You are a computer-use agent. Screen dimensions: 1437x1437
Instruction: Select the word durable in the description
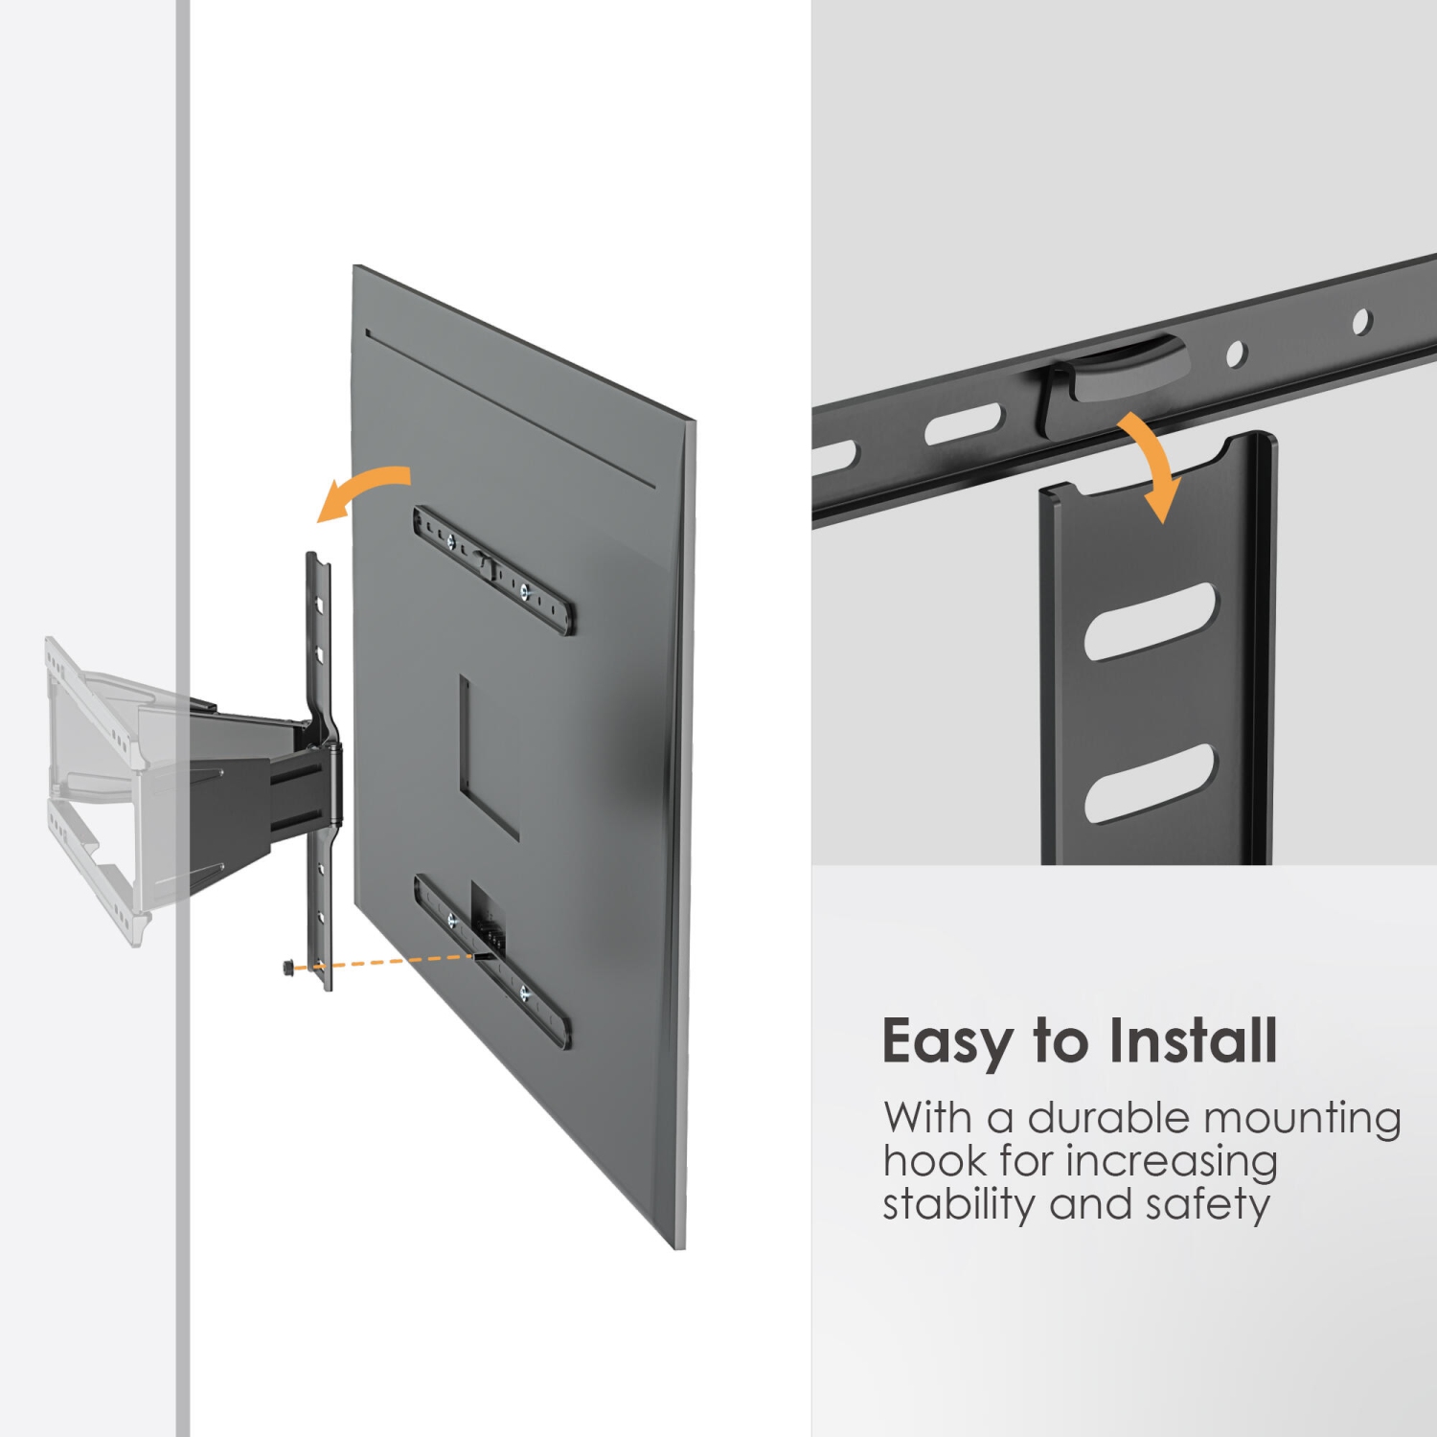pos(1108,1118)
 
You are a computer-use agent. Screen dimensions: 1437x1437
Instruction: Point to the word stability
pos(959,1204)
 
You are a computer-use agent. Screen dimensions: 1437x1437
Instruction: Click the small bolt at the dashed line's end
pos(289,968)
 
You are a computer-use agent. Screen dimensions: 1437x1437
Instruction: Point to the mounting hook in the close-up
pos(1111,378)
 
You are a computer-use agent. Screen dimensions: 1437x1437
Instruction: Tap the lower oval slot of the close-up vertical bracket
pos(1150,783)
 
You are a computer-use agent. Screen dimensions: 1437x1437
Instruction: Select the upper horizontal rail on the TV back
pos(493,571)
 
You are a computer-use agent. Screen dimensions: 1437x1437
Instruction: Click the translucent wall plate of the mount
pos(96,786)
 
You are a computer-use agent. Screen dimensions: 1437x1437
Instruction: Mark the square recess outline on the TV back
pos(488,757)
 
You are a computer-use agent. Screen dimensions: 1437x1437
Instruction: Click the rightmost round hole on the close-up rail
pos(1361,322)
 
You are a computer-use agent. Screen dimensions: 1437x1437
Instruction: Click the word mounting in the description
pos(1302,1119)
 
